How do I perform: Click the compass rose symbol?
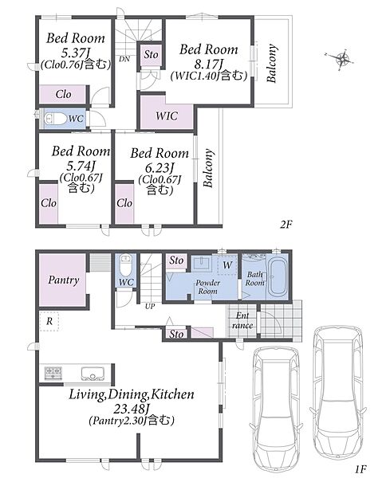(341, 59)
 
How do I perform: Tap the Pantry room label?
(64, 280)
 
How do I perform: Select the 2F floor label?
(286, 225)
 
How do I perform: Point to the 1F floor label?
(360, 468)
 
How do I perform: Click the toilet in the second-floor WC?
(56, 118)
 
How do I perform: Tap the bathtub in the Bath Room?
(277, 277)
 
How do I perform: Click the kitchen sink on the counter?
(93, 373)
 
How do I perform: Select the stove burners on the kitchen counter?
(53, 373)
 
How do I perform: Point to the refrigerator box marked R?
(49, 321)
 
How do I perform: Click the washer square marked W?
(227, 265)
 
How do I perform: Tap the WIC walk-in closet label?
(167, 116)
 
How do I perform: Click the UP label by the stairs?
(150, 307)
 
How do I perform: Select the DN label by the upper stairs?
(124, 59)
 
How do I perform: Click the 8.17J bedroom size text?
(209, 65)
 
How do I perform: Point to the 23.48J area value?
(132, 408)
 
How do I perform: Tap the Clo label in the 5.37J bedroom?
(64, 94)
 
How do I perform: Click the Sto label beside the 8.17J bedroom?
(151, 54)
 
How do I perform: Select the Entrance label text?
(242, 320)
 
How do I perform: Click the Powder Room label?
(208, 287)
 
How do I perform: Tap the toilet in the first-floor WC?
(125, 264)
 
